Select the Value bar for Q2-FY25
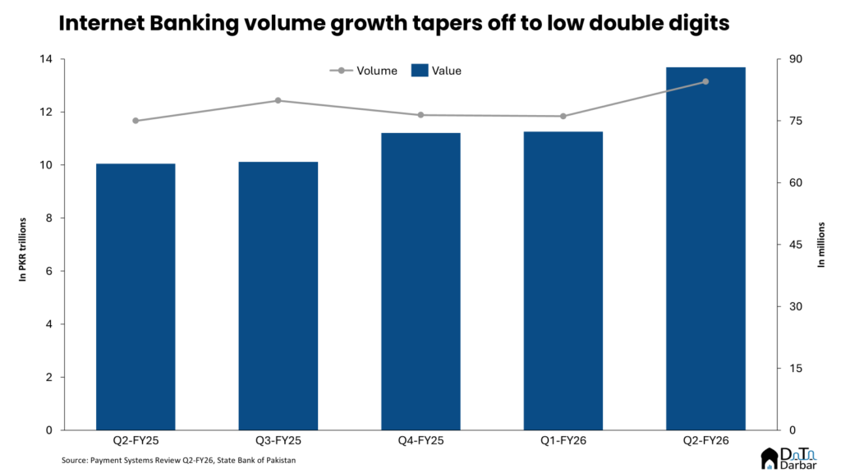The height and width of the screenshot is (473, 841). click(x=136, y=296)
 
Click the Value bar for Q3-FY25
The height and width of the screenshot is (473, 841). click(x=278, y=296)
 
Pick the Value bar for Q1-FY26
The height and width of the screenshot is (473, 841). click(x=563, y=280)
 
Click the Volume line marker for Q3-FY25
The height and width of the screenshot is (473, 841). click(x=278, y=100)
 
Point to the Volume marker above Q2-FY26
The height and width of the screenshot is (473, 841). click(x=705, y=81)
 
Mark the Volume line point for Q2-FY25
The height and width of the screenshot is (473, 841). click(x=136, y=121)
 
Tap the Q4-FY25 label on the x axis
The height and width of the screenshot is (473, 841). click(x=420, y=442)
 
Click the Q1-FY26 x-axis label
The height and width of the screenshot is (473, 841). click(x=563, y=442)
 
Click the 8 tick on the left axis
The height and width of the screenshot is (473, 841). click(x=48, y=218)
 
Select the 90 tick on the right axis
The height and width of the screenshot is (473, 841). click(x=796, y=59)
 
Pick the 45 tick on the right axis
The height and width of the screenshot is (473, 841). click(x=796, y=245)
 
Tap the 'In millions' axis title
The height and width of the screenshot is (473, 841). click(x=820, y=245)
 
